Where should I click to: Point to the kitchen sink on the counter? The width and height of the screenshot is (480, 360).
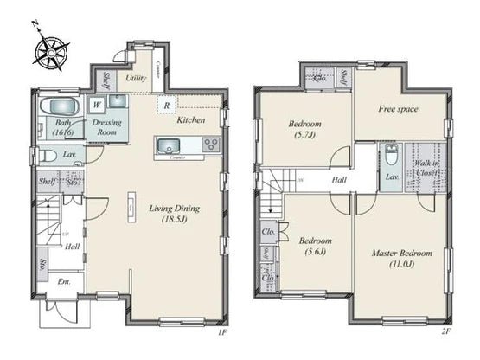point(168,145)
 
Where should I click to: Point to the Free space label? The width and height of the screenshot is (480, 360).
point(399,110)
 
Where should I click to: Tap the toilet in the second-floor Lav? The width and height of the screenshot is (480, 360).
point(390,156)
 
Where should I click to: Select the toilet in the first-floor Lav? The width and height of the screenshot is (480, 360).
point(48,156)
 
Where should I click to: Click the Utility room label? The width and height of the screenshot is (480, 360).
point(135,78)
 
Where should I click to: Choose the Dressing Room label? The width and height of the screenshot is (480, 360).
point(109,128)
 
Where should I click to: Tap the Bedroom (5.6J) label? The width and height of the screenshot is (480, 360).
point(311,247)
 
